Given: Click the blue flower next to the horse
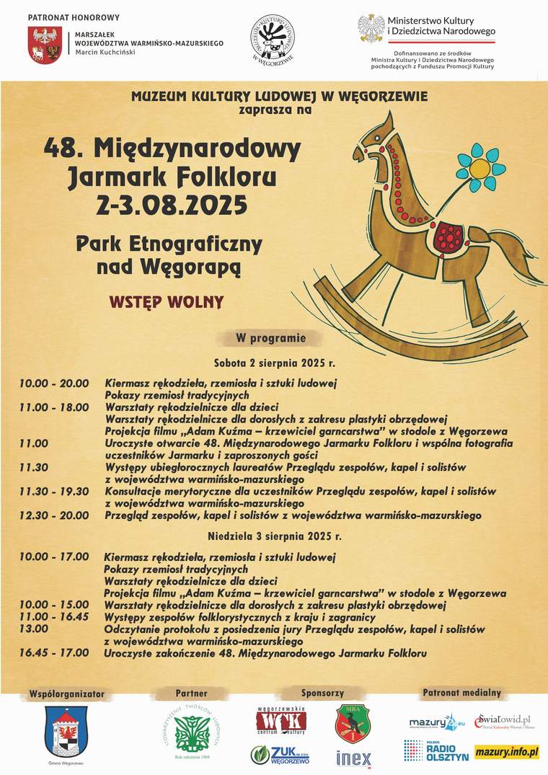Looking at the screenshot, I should point(477,167).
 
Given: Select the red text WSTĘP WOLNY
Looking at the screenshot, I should point(167,301).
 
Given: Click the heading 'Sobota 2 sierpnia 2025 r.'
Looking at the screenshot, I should point(274,362).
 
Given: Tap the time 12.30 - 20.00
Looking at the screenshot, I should point(54,515).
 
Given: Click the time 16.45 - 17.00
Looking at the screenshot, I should point(54,652).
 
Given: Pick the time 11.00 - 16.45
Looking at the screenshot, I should point(54,617).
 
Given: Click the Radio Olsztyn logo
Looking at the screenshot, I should point(436,751).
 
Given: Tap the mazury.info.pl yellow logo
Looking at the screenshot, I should point(507,752).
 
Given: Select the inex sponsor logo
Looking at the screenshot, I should point(353,758).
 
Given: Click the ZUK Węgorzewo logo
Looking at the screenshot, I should point(280,754).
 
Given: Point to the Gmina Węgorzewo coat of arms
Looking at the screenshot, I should point(66,731).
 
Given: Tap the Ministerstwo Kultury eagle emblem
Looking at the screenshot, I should point(371,27).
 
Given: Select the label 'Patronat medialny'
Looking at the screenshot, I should point(461,693).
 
